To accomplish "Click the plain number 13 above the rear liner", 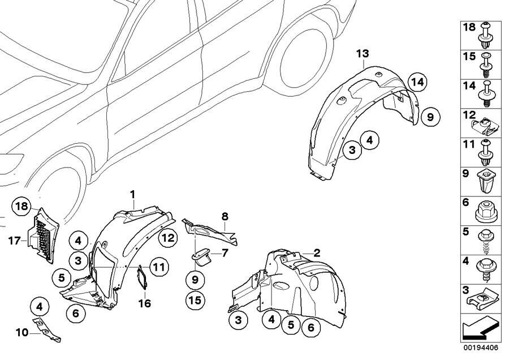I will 362,53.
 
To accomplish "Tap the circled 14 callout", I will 417,82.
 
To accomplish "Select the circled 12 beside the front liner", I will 167,238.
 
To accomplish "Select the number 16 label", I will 145,303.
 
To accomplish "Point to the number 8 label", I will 225,216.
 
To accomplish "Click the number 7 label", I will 225,252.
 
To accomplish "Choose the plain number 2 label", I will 317,252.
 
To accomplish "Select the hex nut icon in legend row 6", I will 487,213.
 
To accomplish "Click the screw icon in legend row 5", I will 486,241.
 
